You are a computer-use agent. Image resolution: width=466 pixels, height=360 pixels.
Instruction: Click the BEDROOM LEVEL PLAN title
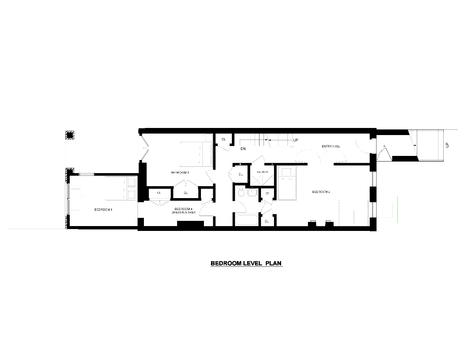tap(247, 263)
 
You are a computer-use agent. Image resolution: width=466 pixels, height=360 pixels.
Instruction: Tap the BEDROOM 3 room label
tap(180, 172)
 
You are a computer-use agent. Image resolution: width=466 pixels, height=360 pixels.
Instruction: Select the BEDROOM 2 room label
tap(321, 192)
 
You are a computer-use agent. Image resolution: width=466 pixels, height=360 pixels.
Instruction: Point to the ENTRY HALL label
tap(331, 146)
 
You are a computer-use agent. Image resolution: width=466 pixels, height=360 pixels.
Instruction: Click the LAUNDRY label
tap(262, 172)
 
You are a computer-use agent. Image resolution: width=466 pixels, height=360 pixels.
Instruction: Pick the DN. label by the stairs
tap(243, 149)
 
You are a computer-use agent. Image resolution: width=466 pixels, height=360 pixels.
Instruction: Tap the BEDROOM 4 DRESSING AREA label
tap(183, 210)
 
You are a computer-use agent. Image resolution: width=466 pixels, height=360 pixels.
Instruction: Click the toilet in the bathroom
tap(241, 192)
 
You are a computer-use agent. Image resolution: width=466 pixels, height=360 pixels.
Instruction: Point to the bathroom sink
tap(252, 192)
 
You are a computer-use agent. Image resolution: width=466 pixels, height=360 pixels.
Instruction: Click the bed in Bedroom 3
tap(195, 154)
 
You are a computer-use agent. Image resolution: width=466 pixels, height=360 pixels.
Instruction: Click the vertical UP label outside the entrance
tap(447, 145)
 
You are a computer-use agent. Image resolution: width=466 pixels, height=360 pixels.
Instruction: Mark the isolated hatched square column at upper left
tap(70, 135)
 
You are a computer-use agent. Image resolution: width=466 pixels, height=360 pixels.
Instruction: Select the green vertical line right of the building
tap(398, 210)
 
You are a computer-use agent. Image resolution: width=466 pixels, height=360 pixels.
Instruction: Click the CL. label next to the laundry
tap(240, 174)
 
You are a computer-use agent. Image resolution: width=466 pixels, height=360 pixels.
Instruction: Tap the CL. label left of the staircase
tap(224, 139)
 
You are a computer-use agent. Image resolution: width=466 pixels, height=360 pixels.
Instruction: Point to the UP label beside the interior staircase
tap(296, 140)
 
